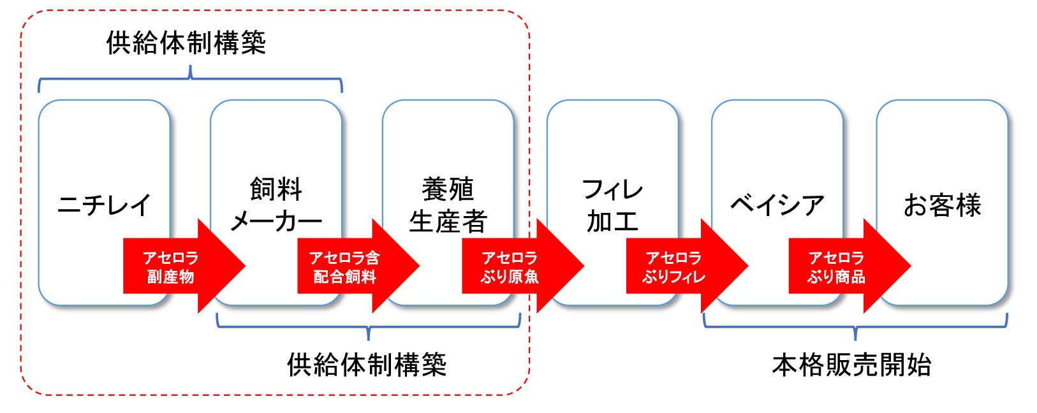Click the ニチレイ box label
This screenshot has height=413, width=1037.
(105, 205)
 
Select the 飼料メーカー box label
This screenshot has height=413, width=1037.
(276, 205)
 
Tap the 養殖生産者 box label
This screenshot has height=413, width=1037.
(448, 205)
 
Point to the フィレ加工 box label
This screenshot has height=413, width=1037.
(612, 205)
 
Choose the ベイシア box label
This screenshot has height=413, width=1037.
(777, 205)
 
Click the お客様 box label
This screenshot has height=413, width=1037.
(942, 205)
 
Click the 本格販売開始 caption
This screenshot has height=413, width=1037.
(851, 365)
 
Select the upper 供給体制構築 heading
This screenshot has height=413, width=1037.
(186, 43)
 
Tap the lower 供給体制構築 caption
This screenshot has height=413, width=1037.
(367, 365)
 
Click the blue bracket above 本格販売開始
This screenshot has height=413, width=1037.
(855, 326)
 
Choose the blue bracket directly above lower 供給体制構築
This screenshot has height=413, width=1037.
(368, 326)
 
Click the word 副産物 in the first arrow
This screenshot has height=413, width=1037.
(170, 277)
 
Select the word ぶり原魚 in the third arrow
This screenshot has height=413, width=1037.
(510, 277)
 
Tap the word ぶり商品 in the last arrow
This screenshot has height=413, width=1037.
(836, 277)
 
